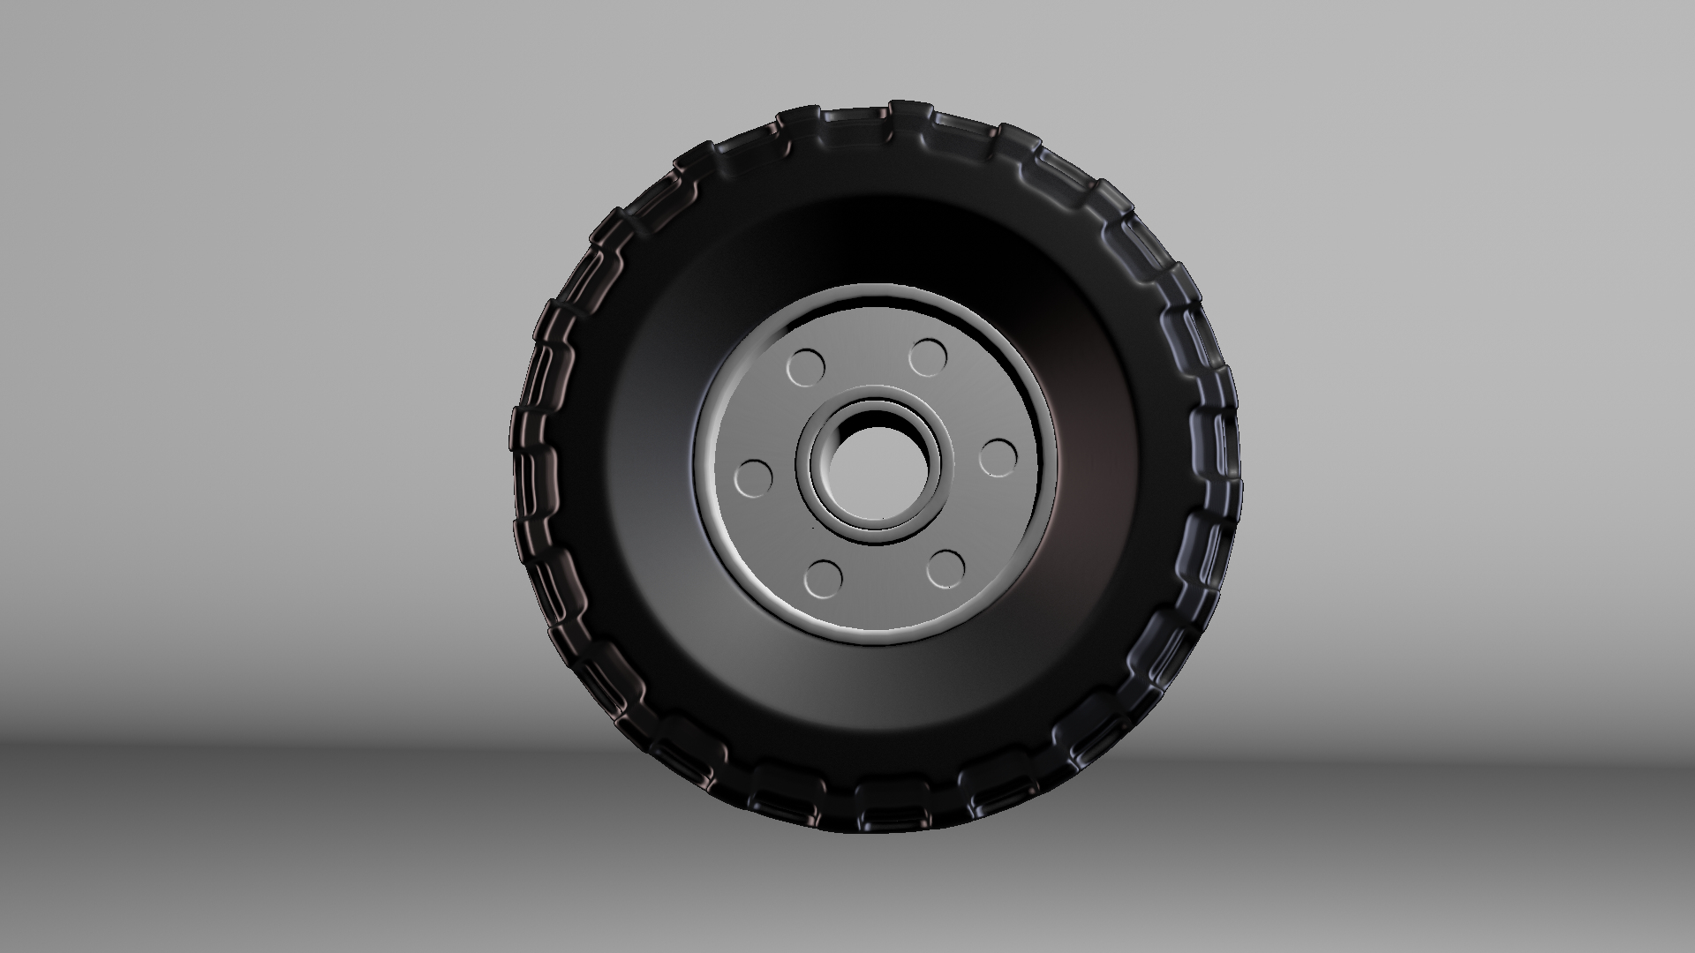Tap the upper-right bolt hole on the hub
pyautogui.click(x=928, y=357)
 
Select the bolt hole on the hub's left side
pyautogui.click(x=752, y=477)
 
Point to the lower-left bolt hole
pyautogui.click(x=823, y=578)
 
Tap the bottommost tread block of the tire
pyautogui.click(x=883, y=816)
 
